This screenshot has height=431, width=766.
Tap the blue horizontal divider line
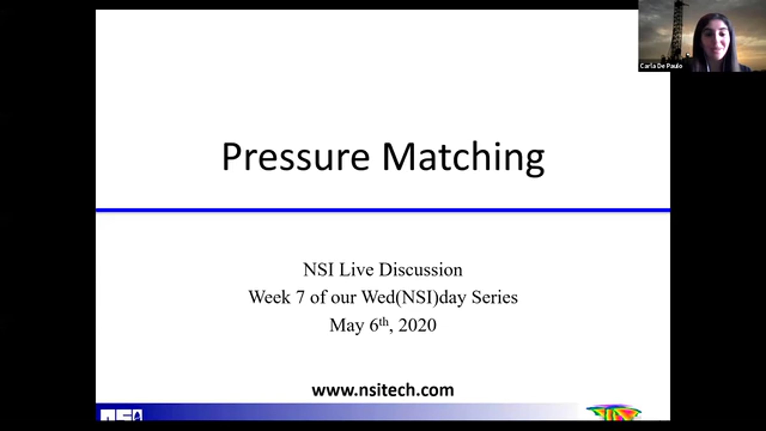point(383,210)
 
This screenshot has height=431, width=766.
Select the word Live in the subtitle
point(356,270)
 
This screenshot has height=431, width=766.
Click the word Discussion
point(421,270)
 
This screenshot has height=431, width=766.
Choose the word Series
point(495,297)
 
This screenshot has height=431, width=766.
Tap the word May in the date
point(347,326)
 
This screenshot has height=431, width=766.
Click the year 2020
point(417,325)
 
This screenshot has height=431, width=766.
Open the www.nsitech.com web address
point(383,390)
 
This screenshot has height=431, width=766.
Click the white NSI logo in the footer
point(121,415)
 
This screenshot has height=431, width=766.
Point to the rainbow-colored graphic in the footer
point(613,413)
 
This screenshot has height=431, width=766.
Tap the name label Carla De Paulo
point(661,66)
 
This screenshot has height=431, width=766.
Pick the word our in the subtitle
point(343,299)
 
